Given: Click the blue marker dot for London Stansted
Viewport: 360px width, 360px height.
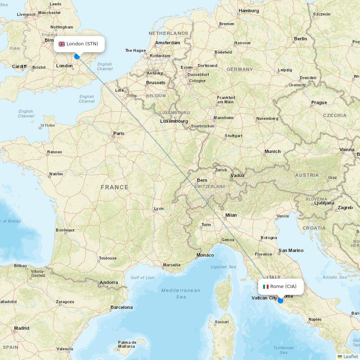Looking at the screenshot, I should [77, 56].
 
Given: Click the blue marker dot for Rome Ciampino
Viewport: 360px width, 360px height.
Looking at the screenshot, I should [280, 301].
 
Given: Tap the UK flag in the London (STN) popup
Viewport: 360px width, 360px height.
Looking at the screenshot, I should [62, 44].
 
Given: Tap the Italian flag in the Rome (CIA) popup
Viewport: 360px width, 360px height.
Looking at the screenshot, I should [266, 287].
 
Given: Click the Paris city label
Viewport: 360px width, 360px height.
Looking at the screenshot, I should [119, 134].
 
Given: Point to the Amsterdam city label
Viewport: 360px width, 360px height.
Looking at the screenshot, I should [167, 43].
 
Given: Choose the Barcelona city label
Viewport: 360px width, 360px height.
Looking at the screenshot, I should [121, 307].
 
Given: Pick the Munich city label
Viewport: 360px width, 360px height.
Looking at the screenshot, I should [273, 152].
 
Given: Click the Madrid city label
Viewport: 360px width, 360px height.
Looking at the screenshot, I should [22, 328].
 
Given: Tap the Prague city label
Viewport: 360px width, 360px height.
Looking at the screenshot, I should [319, 103].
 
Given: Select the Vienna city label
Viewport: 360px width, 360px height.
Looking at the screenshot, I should [347, 150].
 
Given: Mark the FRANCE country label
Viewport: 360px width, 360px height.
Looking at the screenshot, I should [114, 187].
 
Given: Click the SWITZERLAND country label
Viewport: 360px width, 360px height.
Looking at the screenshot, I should [210, 186].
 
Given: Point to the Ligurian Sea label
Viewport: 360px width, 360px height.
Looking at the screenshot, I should [224, 267].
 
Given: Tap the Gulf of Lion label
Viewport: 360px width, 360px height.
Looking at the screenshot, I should [143, 278].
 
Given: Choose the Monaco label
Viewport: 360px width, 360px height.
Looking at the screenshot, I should [205, 255].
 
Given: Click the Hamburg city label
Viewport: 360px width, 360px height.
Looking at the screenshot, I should [249, 11].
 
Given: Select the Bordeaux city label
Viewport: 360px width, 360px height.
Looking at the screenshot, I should [65, 230].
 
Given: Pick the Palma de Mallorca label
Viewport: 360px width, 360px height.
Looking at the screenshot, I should [127, 344].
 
